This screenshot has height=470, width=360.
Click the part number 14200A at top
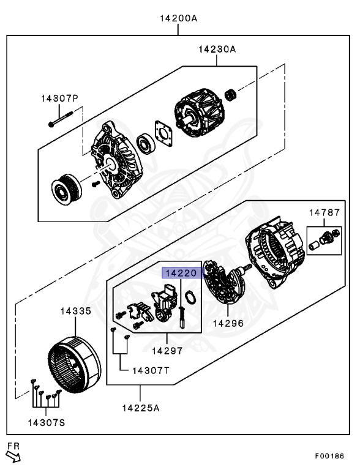[x=178, y=18]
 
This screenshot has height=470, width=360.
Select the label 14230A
[x=216, y=49]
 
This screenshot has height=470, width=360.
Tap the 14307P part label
[x=60, y=98]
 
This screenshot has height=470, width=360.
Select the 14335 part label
[x=75, y=311]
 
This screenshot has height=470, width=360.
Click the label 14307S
[x=46, y=422]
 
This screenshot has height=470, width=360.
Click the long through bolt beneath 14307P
[x=66, y=118]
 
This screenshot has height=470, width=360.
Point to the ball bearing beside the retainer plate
[x=146, y=143]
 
